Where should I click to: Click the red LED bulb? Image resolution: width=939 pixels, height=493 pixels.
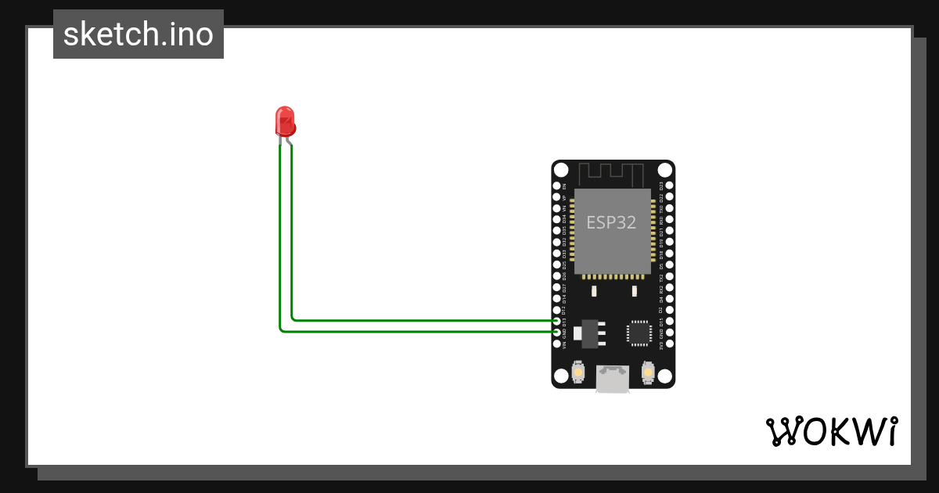285,122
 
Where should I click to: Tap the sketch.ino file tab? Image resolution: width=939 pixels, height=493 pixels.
139,34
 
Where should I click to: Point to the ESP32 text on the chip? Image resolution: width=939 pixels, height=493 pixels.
611,222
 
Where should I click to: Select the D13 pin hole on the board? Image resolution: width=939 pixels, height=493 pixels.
557,321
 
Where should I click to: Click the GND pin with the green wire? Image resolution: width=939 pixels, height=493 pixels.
557,332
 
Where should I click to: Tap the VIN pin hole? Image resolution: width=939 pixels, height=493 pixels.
557,344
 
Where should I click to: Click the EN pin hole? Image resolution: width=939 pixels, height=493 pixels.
557,186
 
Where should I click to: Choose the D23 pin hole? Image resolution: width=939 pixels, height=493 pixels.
669,186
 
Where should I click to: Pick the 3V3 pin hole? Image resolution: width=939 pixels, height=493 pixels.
669,344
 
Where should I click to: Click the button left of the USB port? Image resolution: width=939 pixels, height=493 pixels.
578,371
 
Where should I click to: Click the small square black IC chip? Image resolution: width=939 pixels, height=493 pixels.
639,333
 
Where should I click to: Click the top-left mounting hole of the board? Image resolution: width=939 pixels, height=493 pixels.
561,170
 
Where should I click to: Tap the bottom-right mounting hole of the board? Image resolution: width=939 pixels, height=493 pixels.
664,377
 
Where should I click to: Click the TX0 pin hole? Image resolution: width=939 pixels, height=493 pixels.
669,209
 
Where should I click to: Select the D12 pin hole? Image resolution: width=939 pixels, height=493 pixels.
557,310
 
